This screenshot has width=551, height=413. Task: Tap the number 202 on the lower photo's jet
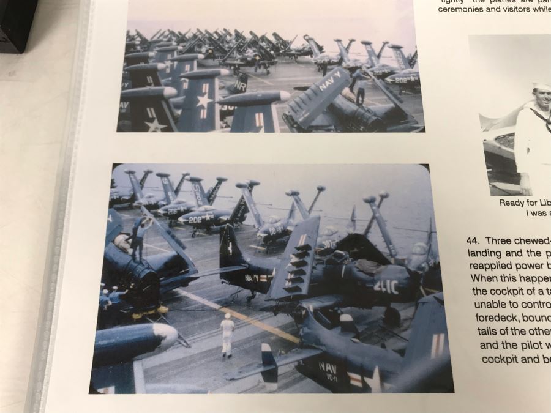coord(195,218)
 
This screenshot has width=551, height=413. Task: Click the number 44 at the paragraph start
coord(473,240)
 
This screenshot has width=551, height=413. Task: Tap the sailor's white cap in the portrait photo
coord(541,86)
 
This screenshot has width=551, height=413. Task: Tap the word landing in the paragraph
coord(487,253)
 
